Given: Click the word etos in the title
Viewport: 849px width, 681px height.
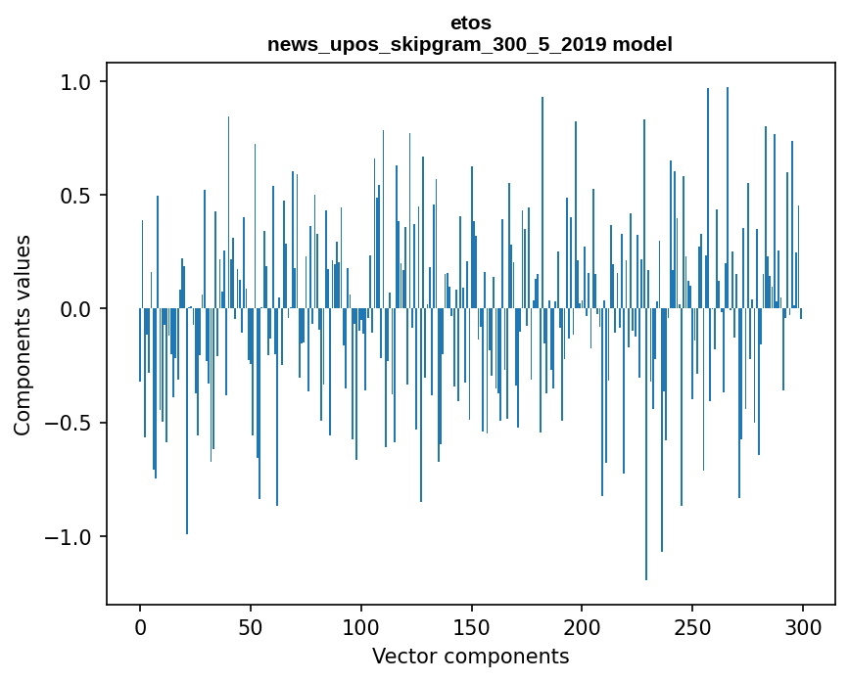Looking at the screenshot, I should click(470, 23).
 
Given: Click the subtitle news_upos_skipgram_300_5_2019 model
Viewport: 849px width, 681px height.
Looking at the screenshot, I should click(470, 44).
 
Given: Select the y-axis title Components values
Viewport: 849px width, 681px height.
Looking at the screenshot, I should click(23, 335).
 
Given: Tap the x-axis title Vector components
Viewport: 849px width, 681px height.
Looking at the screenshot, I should click(470, 656).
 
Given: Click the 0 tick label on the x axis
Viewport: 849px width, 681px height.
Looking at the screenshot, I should click(140, 626).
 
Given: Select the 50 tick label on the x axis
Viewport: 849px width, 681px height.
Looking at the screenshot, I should click(251, 626).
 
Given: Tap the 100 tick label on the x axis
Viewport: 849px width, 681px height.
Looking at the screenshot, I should click(361, 626).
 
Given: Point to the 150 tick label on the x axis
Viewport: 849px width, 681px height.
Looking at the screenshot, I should click(471, 626).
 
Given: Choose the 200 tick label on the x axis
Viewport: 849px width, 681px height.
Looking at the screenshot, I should click(582, 626).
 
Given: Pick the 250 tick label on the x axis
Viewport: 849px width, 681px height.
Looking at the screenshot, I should click(692, 626).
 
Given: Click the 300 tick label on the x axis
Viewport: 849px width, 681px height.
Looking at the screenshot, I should click(803, 626).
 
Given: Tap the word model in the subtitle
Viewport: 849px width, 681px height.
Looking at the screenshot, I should click(647, 44).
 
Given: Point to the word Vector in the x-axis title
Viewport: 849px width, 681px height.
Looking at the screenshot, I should click(401, 656).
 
